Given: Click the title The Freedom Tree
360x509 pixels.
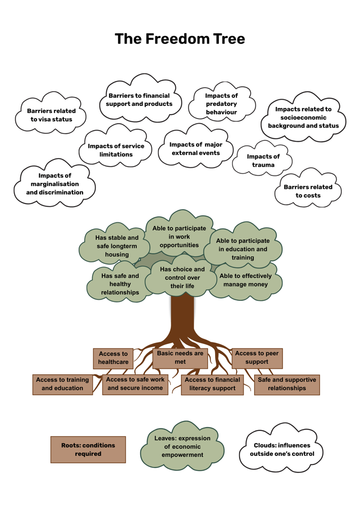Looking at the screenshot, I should point(180,39).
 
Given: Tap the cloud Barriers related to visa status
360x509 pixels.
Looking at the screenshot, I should point(51,115).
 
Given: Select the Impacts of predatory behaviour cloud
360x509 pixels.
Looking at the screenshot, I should point(221,103).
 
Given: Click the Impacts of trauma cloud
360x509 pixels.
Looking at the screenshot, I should point(263,160).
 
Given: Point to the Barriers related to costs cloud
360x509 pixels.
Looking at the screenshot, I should point(308,191).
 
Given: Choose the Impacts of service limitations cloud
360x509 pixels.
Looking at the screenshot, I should point(116,150).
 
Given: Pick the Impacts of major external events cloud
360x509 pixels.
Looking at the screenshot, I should point(195,149).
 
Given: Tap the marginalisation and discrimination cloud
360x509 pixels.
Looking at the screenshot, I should point(55,184).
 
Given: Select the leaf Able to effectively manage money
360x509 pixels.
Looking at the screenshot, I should point(246,280).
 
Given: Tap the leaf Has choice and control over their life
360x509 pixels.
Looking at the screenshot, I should point(182,278).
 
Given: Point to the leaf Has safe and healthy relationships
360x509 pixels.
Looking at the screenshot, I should point(120,284).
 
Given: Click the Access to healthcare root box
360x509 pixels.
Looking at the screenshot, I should point(113,358).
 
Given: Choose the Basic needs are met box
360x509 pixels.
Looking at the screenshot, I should point(180,358).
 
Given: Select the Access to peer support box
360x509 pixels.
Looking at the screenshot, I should point(257,358).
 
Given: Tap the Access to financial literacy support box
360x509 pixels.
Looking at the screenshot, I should point(213,384).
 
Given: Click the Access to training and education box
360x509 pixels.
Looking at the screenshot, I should point(62,384).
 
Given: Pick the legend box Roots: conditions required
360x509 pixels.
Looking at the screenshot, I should point(88,449).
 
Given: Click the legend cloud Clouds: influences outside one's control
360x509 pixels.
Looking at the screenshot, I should point(282,449).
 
